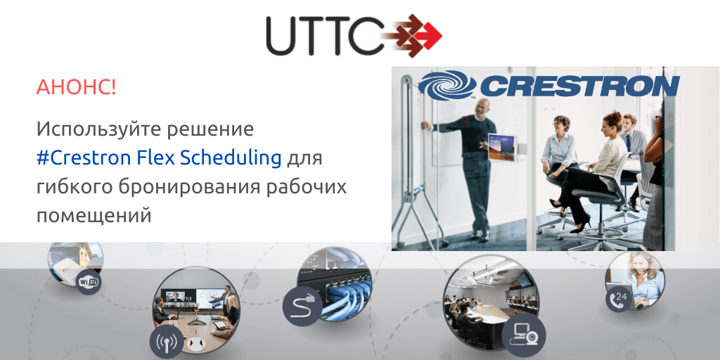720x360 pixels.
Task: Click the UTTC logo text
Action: pyautogui.click(x=324, y=36)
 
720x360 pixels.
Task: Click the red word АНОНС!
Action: pyautogui.click(x=76, y=88)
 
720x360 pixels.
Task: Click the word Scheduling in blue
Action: pyautogui.click(x=231, y=158)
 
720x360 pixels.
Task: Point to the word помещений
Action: pyautogui.click(x=94, y=215)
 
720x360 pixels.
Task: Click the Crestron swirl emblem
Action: pyautogui.click(x=447, y=85)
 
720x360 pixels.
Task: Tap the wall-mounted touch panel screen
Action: pyautogui.click(x=500, y=148)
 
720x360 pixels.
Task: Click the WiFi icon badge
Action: pyautogui.click(x=89, y=282)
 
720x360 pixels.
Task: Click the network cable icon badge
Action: pyautogui.click(x=302, y=307)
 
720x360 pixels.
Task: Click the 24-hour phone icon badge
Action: pyautogui.click(x=618, y=296)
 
